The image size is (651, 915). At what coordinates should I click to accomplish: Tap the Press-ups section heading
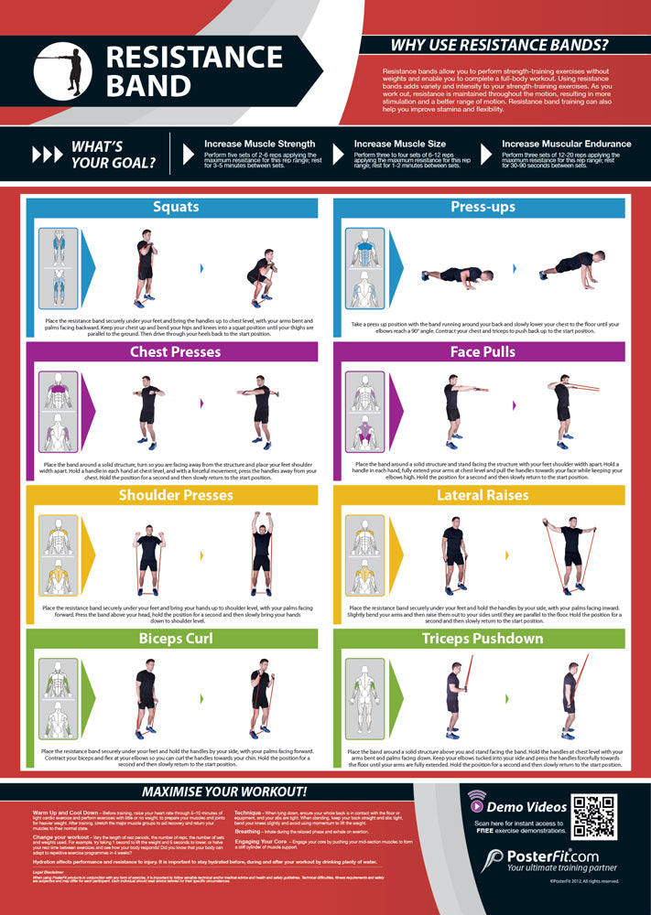483,207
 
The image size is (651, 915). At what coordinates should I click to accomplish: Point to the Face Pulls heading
483,351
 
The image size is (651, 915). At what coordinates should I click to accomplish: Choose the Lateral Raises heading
483,495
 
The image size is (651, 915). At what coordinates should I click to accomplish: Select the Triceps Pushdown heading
483,638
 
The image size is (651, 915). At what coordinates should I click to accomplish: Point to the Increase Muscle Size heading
397,144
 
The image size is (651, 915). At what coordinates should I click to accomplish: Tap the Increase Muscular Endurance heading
566,144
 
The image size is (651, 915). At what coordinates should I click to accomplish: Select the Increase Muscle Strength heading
259,144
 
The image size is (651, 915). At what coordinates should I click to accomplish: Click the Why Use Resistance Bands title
499,45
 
